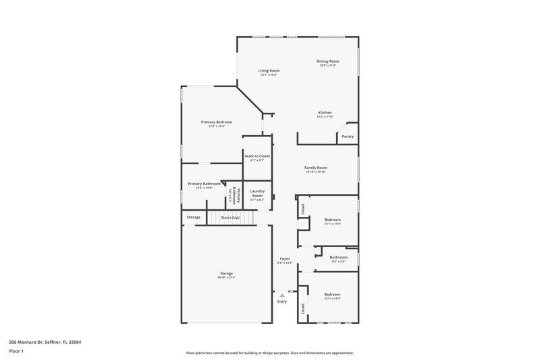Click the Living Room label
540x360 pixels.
(x=269, y=70)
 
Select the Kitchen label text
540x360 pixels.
(x=325, y=112)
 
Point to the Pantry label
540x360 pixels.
(x=348, y=136)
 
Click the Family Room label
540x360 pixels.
(x=316, y=168)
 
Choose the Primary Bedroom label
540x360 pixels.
(x=217, y=122)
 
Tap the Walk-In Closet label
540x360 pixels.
(x=256, y=156)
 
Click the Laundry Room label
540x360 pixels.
(x=256, y=193)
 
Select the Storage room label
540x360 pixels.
(x=194, y=217)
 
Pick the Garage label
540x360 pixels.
(x=225, y=273)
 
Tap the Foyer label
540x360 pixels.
(x=285, y=259)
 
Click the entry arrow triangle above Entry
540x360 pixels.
(x=282, y=295)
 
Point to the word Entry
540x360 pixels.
(x=282, y=301)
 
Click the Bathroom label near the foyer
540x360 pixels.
(x=338, y=257)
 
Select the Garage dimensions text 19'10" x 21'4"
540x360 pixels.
(x=225, y=278)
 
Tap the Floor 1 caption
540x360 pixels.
(x=16, y=351)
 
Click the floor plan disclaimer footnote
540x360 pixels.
(x=269, y=353)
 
